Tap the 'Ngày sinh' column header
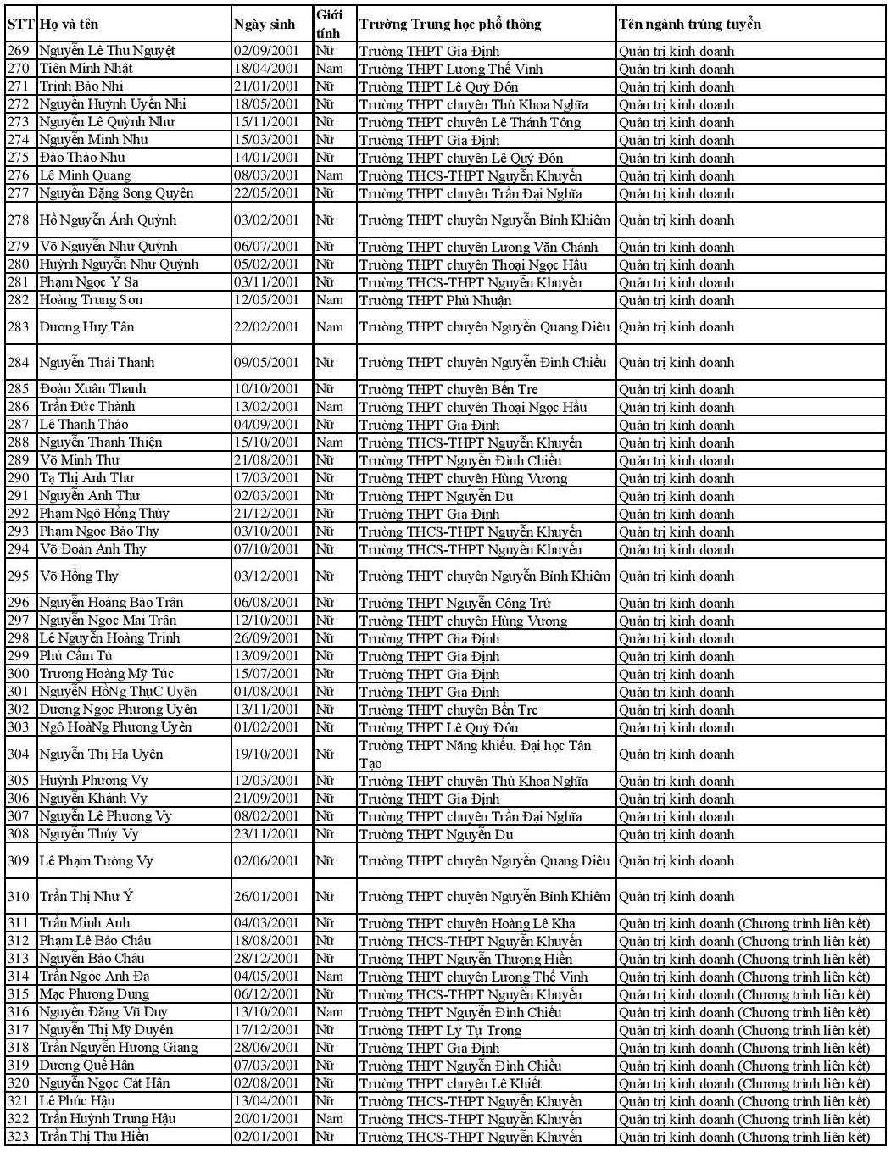tap(265, 25)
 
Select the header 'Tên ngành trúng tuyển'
tap(689, 24)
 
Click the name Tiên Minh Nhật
tap(86, 69)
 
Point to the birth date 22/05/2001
tap(266, 193)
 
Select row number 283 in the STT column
tap(19, 327)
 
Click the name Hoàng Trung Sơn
tap(91, 300)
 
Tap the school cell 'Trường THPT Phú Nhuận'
tap(435, 300)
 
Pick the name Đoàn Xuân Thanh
tap(92, 389)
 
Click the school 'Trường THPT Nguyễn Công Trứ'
tap(454, 603)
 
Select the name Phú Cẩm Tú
tap(76, 656)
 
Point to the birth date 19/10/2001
tap(266, 754)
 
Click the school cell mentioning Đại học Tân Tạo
tap(475, 754)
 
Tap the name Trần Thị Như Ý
tap(86, 897)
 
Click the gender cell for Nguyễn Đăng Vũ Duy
tap(329, 1012)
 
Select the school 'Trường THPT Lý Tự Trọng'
tap(440, 1030)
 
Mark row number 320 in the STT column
tap(19, 1083)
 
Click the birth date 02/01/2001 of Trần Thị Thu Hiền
tap(266, 1137)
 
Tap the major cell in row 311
tap(743, 923)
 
